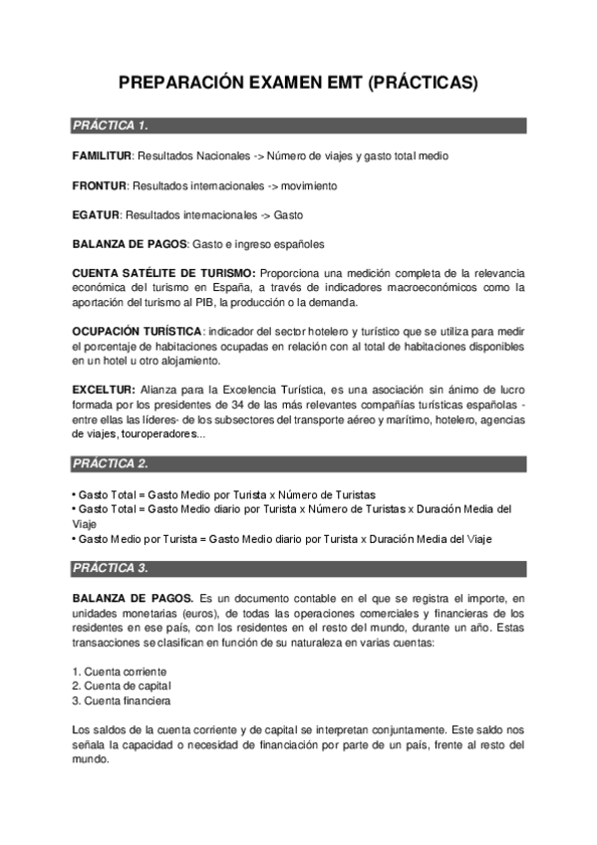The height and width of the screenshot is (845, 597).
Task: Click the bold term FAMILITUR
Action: point(102,156)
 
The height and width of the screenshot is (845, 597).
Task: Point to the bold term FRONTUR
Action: point(99,185)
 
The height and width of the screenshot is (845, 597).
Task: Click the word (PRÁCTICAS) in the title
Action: point(424,84)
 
